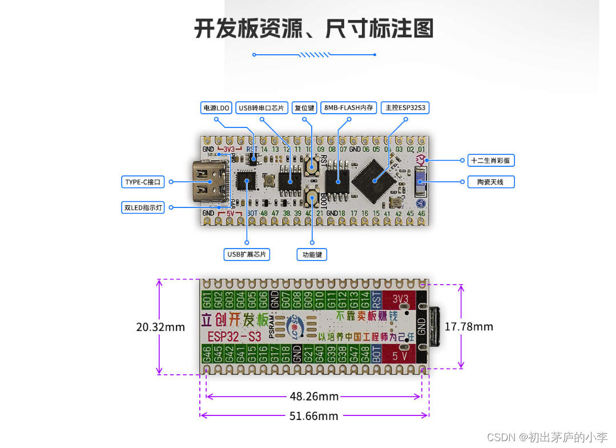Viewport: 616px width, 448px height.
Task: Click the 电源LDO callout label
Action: click(216, 107)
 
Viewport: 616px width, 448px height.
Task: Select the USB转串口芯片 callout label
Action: click(261, 107)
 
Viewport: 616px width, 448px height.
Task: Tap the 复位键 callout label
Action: click(304, 107)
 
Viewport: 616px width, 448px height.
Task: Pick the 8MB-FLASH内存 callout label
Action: click(348, 107)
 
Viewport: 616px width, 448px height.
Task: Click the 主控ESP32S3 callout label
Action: click(405, 107)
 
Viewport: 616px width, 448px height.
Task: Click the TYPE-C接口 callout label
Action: click(143, 182)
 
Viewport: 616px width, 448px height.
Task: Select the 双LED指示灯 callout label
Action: click(143, 207)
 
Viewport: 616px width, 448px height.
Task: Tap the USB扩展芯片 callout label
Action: click(247, 254)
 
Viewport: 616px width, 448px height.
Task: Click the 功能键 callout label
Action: click(312, 254)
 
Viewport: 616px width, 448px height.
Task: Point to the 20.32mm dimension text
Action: click(160, 327)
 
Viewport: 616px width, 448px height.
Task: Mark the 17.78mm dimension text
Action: click(469, 327)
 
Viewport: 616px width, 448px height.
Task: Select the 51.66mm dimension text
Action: click(313, 416)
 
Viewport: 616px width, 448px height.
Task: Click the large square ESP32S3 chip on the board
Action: click(375, 181)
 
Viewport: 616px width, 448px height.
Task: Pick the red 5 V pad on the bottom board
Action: click(400, 354)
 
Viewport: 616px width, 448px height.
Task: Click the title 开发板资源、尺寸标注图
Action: click(313, 29)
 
